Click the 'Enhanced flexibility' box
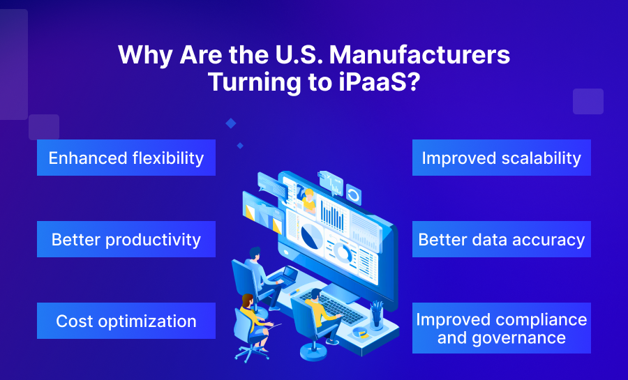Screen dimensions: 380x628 pyautogui.click(x=126, y=158)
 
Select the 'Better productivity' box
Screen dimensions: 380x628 pyautogui.click(x=126, y=240)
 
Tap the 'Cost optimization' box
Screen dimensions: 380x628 pyautogui.click(x=126, y=321)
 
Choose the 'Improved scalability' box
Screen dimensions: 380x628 pyautogui.click(x=501, y=158)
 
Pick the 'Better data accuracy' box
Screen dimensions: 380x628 pyautogui.click(x=501, y=240)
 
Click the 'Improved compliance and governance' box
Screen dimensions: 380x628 pyautogui.click(x=501, y=328)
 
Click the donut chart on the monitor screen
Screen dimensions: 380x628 pyautogui.click(x=343, y=250)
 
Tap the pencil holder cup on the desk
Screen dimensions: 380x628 pyautogui.click(x=377, y=317)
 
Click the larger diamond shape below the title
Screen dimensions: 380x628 pyautogui.click(x=230, y=123)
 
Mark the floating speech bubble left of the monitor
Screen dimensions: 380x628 pyautogui.click(x=268, y=183)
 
